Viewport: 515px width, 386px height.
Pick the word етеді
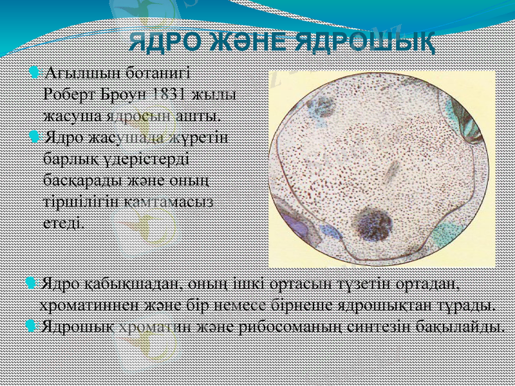(62, 223)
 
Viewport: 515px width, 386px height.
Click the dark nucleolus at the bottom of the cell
(373, 226)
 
